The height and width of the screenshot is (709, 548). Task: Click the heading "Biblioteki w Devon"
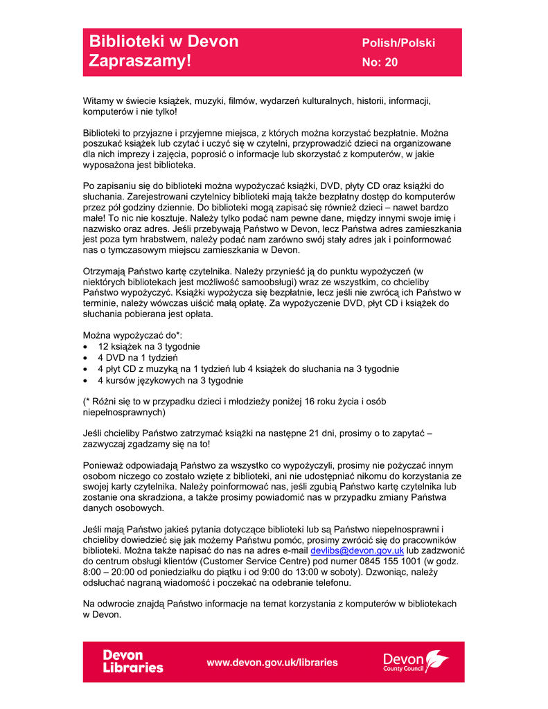163,42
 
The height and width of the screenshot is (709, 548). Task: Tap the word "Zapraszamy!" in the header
139,61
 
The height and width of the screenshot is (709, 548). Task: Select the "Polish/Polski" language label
398,43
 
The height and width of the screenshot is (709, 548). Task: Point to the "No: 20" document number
380,62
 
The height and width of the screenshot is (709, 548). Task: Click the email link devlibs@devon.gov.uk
357,550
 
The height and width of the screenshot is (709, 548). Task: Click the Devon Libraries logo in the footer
133,661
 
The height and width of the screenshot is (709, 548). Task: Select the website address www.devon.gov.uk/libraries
272,662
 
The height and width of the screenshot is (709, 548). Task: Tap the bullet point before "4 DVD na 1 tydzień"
85,358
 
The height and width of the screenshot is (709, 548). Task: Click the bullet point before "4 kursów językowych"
85,380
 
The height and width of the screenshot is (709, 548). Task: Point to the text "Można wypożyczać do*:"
132,334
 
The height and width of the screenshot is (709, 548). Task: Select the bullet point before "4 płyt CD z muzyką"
85,369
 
